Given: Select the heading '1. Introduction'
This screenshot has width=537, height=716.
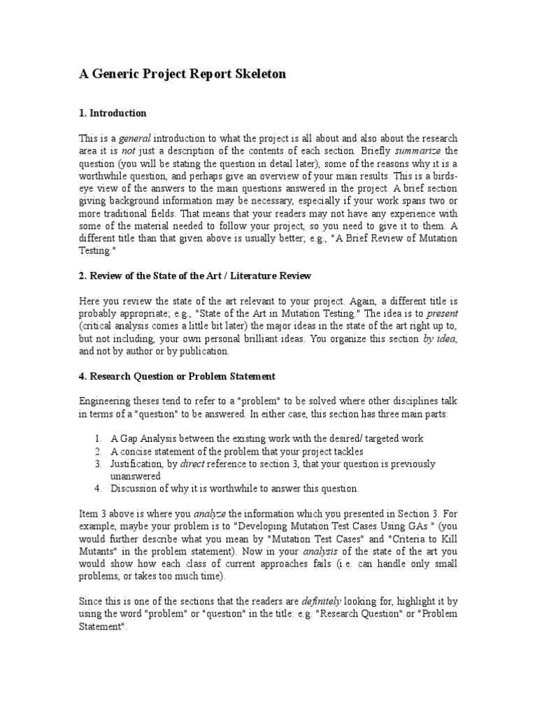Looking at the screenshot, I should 112,113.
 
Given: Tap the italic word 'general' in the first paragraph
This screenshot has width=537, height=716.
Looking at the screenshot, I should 136,138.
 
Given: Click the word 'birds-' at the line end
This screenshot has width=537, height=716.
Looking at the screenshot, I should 443,176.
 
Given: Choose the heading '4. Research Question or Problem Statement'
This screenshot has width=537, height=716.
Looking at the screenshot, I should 176,377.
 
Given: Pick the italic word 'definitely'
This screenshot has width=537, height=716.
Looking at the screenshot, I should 324,601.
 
